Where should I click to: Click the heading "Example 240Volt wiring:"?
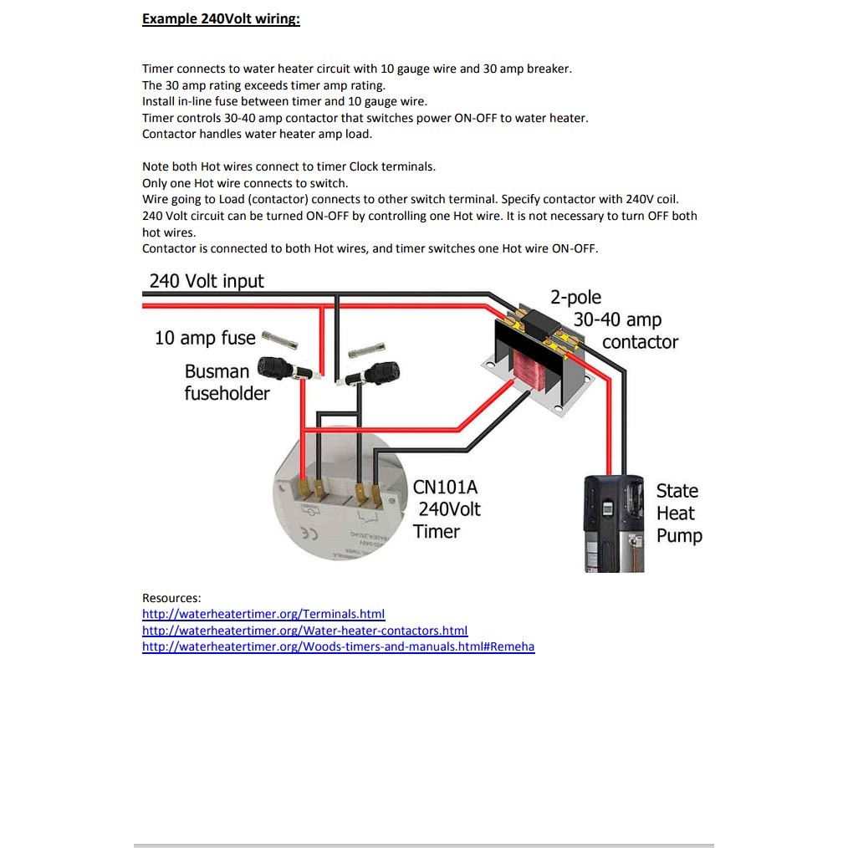(x=221, y=19)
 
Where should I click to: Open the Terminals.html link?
(x=263, y=614)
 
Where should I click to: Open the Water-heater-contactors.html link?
(x=304, y=631)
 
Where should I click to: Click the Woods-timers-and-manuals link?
(x=338, y=646)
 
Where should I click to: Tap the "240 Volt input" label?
(x=207, y=281)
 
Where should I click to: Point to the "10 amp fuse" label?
(x=205, y=338)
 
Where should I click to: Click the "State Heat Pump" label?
(x=678, y=513)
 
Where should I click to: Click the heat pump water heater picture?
(x=613, y=524)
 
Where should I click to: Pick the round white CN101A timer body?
(x=335, y=519)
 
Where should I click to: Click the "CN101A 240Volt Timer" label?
(x=447, y=509)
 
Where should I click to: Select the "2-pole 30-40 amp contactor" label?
(x=616, y=319)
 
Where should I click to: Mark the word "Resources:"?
(x=171, y=598)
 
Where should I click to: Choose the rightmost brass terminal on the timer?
(x=376, y=494)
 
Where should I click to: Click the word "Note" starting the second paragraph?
(x=156, y=166)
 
